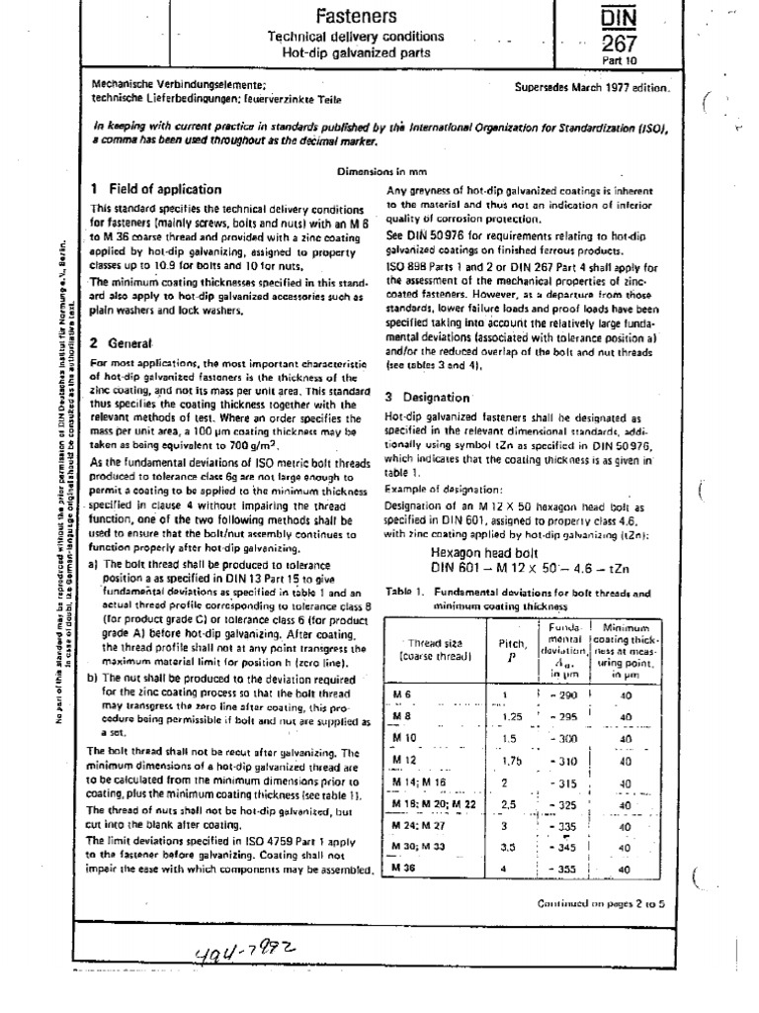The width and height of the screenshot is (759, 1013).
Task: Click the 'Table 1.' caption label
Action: click(407, 593)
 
